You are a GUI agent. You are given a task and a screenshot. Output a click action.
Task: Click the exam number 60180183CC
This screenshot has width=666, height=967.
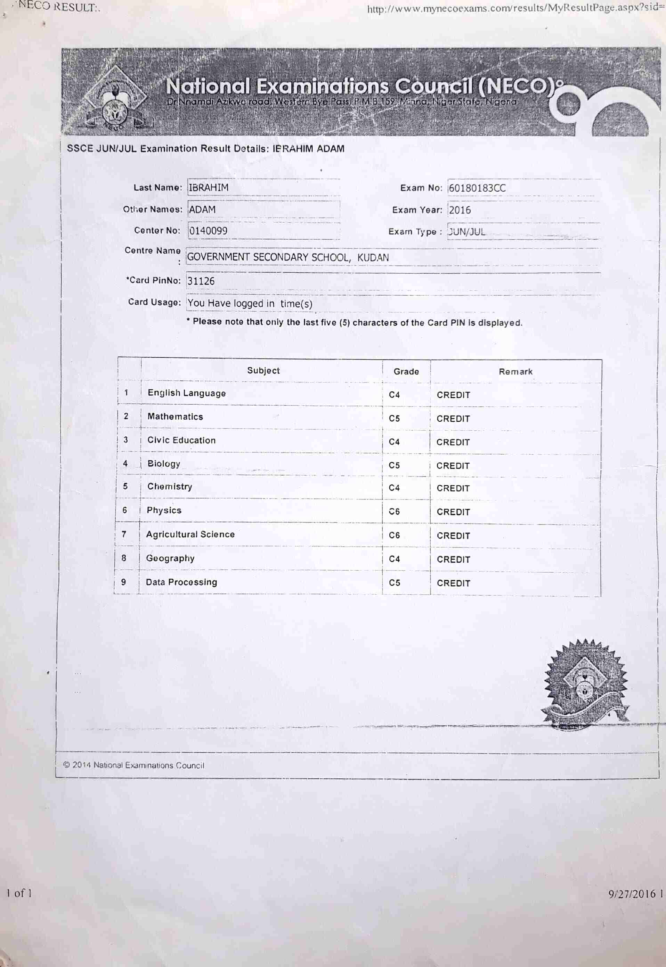pyautogui.click(x=477, y=188)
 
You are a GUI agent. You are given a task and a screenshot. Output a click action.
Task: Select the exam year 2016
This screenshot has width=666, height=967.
pyautogui.click(x=460, y=210)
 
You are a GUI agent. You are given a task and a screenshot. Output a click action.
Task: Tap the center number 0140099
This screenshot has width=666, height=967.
pyautogui.click(x=208, y=231)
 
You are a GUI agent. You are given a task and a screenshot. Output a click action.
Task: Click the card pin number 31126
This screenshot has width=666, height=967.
pyautogui.click(x=201, y=281)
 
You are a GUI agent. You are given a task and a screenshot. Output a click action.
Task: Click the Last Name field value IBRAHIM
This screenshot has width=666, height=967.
pyautogui.click(x=209, y=188)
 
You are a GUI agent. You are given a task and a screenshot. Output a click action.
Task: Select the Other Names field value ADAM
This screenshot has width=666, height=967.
pyautogui.click(x=202, y=209)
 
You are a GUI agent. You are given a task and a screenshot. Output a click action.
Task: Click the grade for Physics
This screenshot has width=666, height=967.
pyautogui.click(x=394, y=511)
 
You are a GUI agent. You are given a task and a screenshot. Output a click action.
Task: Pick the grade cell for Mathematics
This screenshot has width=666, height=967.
pyautogui.click(x=394, y=418)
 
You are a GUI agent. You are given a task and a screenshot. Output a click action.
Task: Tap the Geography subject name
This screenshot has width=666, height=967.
pyautogui.click(x=170, y=558)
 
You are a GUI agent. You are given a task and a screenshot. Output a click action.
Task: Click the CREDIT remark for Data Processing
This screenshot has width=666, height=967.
pyautogui.click(x=453, y=584)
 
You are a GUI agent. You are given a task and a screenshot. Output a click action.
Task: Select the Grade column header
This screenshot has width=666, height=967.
pyautogui.click(x=406, y=372)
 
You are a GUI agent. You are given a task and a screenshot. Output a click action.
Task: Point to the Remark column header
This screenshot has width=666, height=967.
pyautogui.click(x=515, y=372)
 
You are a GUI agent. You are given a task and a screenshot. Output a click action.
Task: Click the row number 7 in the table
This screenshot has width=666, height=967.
pyautogui.click(x=124, y=534)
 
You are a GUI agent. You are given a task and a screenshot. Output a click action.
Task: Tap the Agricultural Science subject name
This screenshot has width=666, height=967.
pyautogui.click(x=190, y=535)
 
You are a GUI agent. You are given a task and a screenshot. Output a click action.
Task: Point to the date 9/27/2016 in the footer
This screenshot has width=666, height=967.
pyautogui.click(x=632, y=894)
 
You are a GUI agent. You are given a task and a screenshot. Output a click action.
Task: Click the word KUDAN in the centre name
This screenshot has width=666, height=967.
pyautogui.click(x=373, y=258)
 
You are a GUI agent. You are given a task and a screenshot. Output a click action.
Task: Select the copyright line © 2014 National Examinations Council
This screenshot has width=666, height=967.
pyautogui.click(x=134, y=765)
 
